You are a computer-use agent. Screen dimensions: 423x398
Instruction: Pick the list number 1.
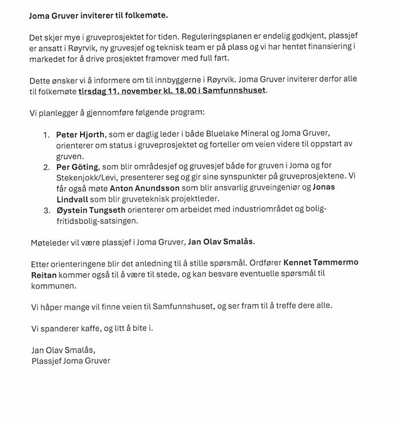click(46, 135)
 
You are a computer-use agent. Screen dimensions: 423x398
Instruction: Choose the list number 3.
click(46, 210)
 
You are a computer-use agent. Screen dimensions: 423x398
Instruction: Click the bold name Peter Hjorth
click(80, 135)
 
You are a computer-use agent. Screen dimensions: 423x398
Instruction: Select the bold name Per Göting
click(77, 167)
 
